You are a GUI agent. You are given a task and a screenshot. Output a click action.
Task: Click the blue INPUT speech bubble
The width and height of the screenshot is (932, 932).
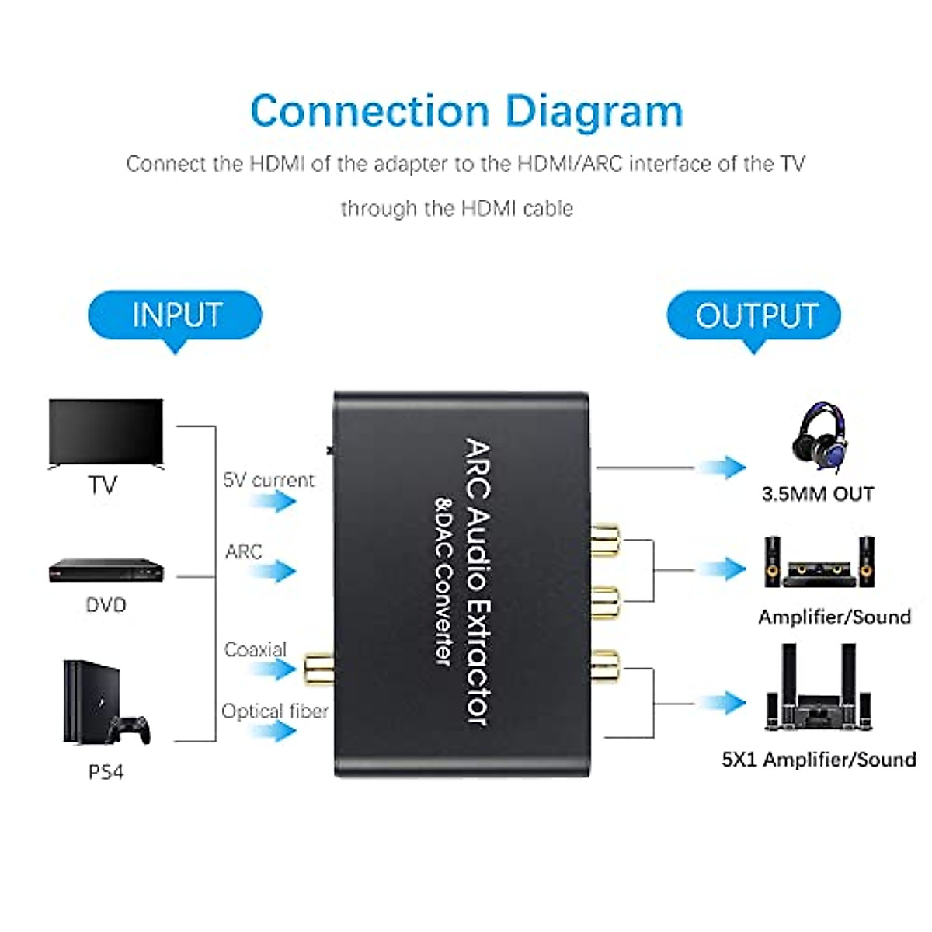point(175,316)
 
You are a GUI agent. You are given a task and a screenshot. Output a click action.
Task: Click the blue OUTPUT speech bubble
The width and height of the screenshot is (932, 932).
point(754,316)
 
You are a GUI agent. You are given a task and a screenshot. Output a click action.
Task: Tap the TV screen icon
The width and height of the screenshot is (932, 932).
point(106,433)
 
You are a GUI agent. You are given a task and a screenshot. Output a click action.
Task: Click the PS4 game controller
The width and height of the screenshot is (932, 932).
point(129,729)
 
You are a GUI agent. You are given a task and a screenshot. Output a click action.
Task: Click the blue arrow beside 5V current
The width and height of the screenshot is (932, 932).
point(273,501)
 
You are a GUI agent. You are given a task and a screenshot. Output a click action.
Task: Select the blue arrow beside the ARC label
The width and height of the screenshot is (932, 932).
point(273,572)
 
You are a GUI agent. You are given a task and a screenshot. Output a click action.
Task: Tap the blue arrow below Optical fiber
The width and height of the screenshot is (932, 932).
point(273,731)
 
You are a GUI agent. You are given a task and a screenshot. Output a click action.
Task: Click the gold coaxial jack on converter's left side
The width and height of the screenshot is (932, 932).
point(317,667)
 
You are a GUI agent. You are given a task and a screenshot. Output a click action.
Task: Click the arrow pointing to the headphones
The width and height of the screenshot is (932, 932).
point(722,468)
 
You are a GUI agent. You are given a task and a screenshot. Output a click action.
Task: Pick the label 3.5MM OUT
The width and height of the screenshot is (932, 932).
point(818,494)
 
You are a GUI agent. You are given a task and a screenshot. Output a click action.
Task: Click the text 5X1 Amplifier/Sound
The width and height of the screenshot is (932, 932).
point(819,759)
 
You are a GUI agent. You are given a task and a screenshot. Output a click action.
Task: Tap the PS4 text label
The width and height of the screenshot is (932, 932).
point(106,772)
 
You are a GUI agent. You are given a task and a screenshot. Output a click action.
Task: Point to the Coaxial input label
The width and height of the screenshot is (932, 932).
point(255,649)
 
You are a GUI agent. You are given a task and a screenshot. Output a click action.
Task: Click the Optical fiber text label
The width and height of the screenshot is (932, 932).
point(275,711)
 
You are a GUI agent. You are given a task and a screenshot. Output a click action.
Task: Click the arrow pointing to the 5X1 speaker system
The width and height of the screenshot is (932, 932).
point(722,704)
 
